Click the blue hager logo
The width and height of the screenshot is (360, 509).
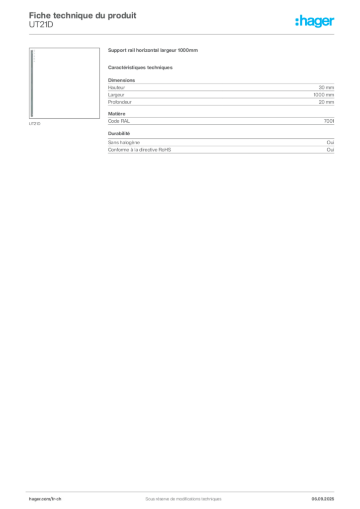click(316, 22)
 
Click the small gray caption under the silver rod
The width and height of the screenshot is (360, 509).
click(35, 124)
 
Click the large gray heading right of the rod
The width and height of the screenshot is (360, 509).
click(153, 51)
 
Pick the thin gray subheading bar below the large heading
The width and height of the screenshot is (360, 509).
click(141, 68)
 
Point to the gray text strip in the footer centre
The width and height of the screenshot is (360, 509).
click(179, 496)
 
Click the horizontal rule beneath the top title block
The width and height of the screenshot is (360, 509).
click(183, 34)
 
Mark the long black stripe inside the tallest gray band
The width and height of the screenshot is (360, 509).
click(226, 101)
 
